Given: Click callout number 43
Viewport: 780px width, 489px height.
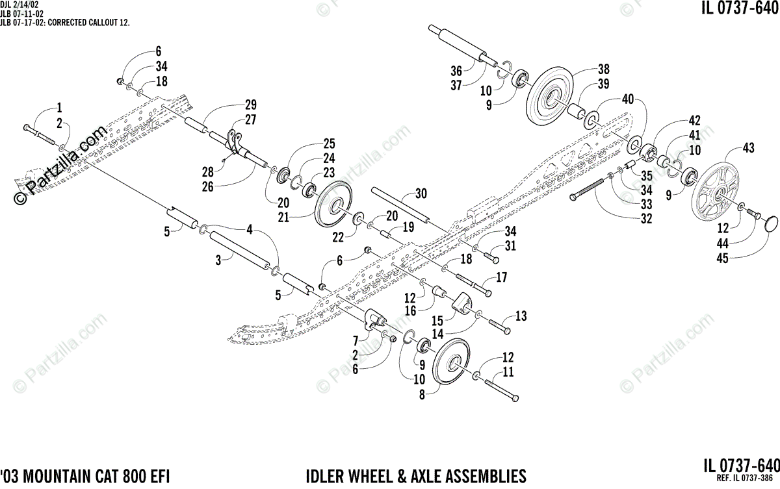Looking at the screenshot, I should click(748, 149).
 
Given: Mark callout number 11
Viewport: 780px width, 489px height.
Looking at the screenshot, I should click(508, 372).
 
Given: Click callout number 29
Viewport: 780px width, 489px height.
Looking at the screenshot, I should click(251, 105).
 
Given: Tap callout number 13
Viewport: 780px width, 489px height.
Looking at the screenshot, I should click(521, 316).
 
